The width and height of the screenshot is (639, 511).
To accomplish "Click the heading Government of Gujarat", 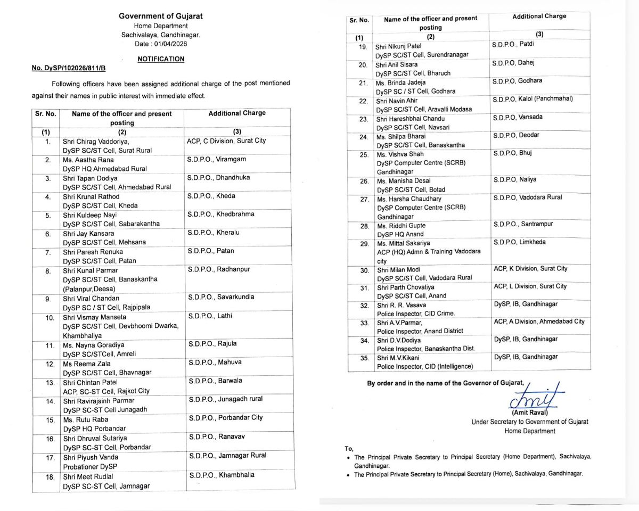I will tap(160, 16).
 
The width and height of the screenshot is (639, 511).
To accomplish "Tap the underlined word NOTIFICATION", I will tap(161, 59).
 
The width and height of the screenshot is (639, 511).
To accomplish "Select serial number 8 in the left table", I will tap(48, 271).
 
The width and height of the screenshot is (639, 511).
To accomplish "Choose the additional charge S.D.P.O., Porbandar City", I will tap(225, 418).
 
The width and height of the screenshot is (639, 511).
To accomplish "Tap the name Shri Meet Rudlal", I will tap(88, 476).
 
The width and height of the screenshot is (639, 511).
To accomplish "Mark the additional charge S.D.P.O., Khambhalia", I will tap(222, 475).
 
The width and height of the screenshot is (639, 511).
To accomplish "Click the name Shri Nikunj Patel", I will tap(398, 47).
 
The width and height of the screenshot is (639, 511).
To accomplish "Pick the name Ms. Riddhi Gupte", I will tap(400, 226).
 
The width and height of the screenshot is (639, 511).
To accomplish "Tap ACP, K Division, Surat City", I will tap(530, 269).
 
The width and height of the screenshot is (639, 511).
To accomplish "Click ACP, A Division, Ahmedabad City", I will tap(538, 322).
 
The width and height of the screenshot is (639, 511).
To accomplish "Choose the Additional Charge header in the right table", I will tap(539, 17).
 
